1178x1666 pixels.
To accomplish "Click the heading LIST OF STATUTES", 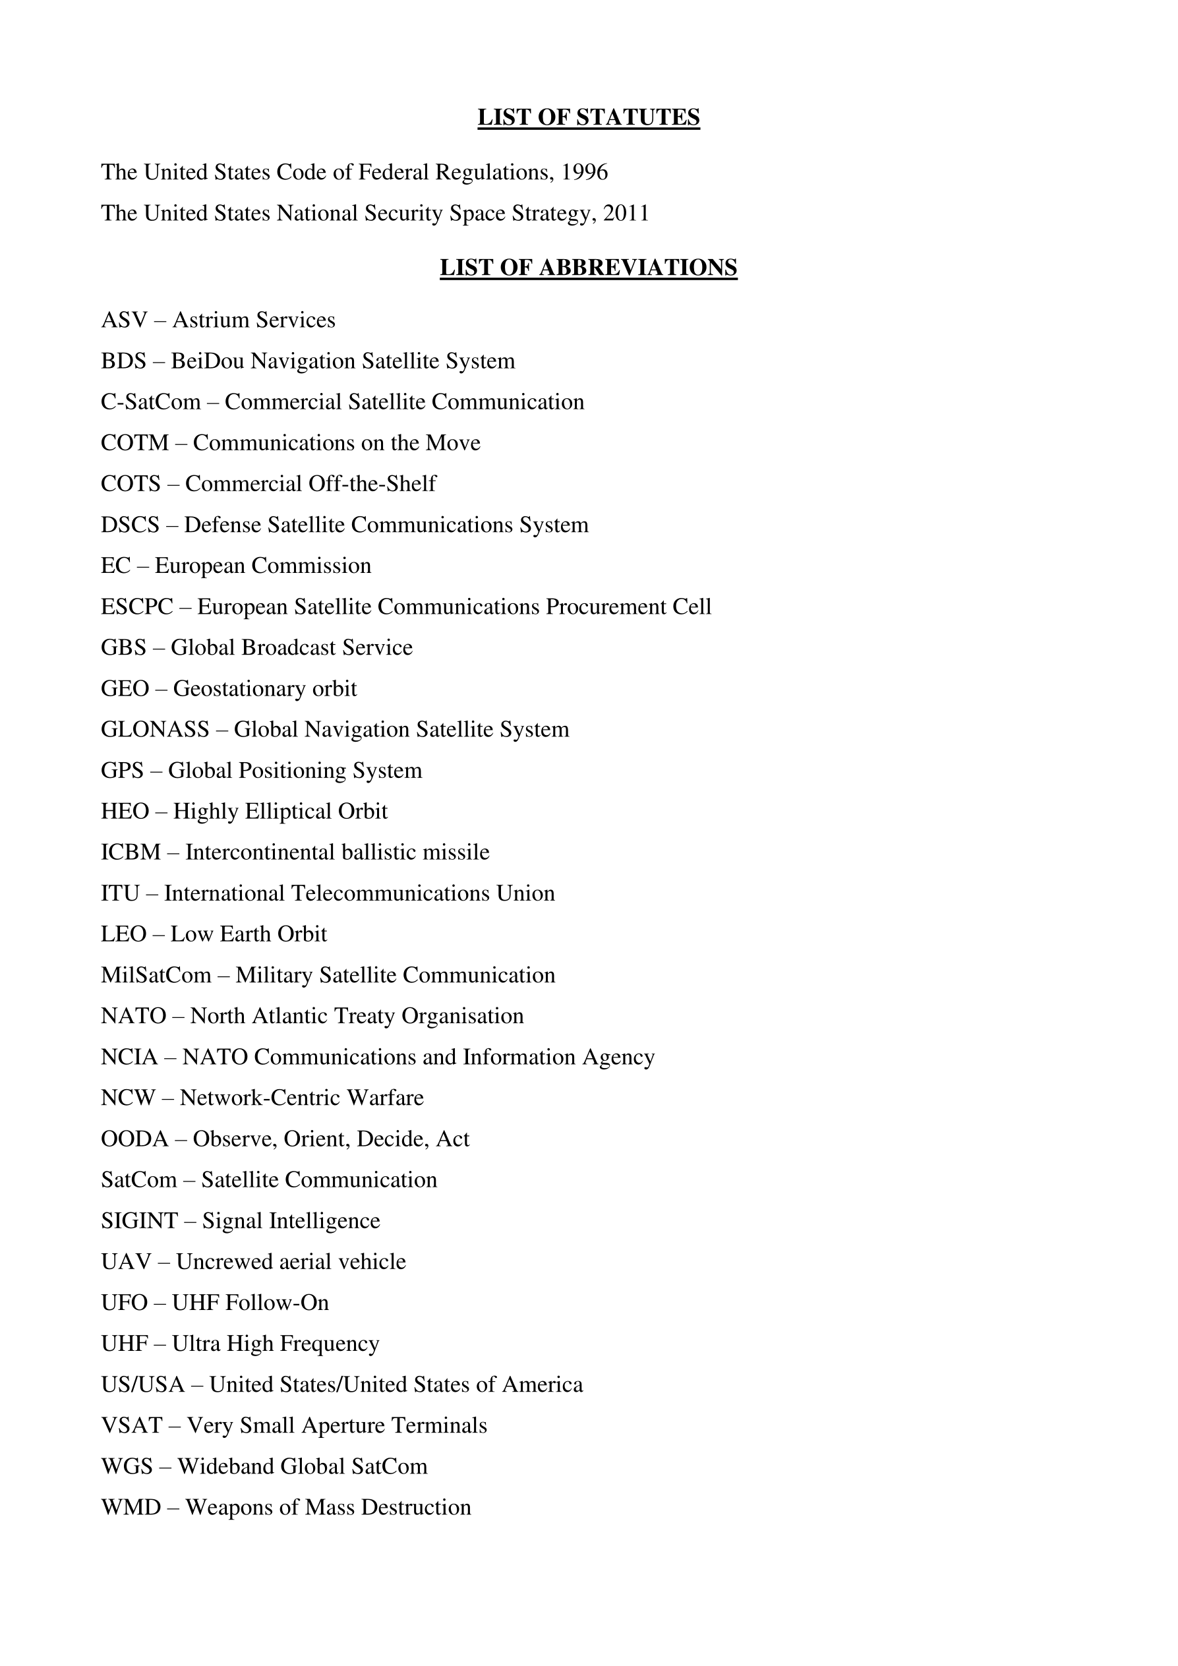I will pos(588,117).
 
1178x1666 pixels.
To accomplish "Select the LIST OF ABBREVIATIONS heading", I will pos(588,268).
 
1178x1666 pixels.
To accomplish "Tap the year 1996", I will pos(585,172).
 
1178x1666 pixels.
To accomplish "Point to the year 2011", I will pos(626,214).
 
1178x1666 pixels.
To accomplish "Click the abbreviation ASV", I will pos(124,320).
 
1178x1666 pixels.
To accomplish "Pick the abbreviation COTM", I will pos(135,442).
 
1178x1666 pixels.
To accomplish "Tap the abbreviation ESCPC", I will pos(137,607).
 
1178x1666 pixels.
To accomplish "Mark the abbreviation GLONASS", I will pos(155,729).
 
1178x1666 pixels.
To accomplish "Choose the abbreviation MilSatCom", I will pos(156,975).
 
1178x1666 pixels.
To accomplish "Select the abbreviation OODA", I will pos(135,1139).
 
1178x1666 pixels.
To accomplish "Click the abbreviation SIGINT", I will pos(139,1221).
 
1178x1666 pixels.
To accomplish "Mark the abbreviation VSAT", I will pos(131,1426).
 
